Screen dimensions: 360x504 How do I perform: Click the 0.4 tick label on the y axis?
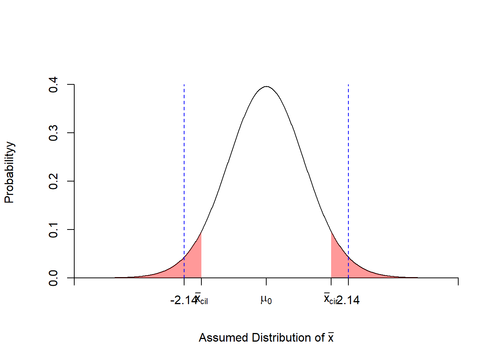point(53,85)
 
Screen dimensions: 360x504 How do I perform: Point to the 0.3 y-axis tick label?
point(53,133)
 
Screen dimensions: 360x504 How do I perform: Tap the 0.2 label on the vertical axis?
point(53,181)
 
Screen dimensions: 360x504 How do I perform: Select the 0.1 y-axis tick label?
point(53,229)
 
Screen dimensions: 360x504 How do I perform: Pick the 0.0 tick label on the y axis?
point(53,278)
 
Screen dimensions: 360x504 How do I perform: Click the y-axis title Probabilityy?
point(9,172)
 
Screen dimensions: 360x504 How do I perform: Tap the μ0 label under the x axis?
point(266,300)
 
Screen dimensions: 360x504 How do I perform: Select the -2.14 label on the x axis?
point(182,300)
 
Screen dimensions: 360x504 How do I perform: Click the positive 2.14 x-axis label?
point(349,300)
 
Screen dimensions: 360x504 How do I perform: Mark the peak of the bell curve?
point(266,87)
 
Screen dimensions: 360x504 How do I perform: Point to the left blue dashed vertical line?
point(184,169)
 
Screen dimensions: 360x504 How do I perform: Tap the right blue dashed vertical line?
point(348,169)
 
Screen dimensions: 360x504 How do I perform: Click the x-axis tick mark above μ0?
point(266,281)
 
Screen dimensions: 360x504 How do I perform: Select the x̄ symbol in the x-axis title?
point(331,337)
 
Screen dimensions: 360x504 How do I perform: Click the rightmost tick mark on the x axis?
point(458,281)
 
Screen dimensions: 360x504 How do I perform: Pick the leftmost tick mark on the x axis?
point(74,281)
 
